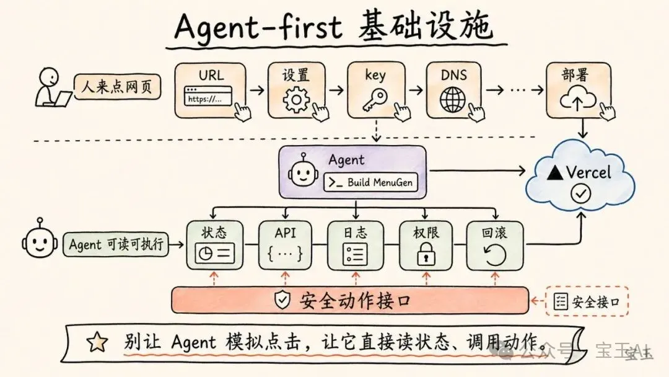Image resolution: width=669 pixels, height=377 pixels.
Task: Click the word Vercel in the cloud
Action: (x=588, y=172)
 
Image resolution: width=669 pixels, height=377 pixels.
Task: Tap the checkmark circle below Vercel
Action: (x=581, y=194)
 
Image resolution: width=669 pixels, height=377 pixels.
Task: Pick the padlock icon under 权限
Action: (x=426, y=254)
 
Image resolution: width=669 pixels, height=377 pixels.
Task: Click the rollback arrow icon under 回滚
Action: (x=494, y=254)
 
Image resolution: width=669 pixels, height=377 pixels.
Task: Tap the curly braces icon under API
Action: (x=285, y=253)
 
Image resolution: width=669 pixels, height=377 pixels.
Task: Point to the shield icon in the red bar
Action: (x=282, y=301)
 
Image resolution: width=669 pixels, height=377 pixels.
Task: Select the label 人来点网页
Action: (x=117, y=87)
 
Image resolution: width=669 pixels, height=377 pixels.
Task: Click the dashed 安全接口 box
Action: (x=587, y=302)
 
